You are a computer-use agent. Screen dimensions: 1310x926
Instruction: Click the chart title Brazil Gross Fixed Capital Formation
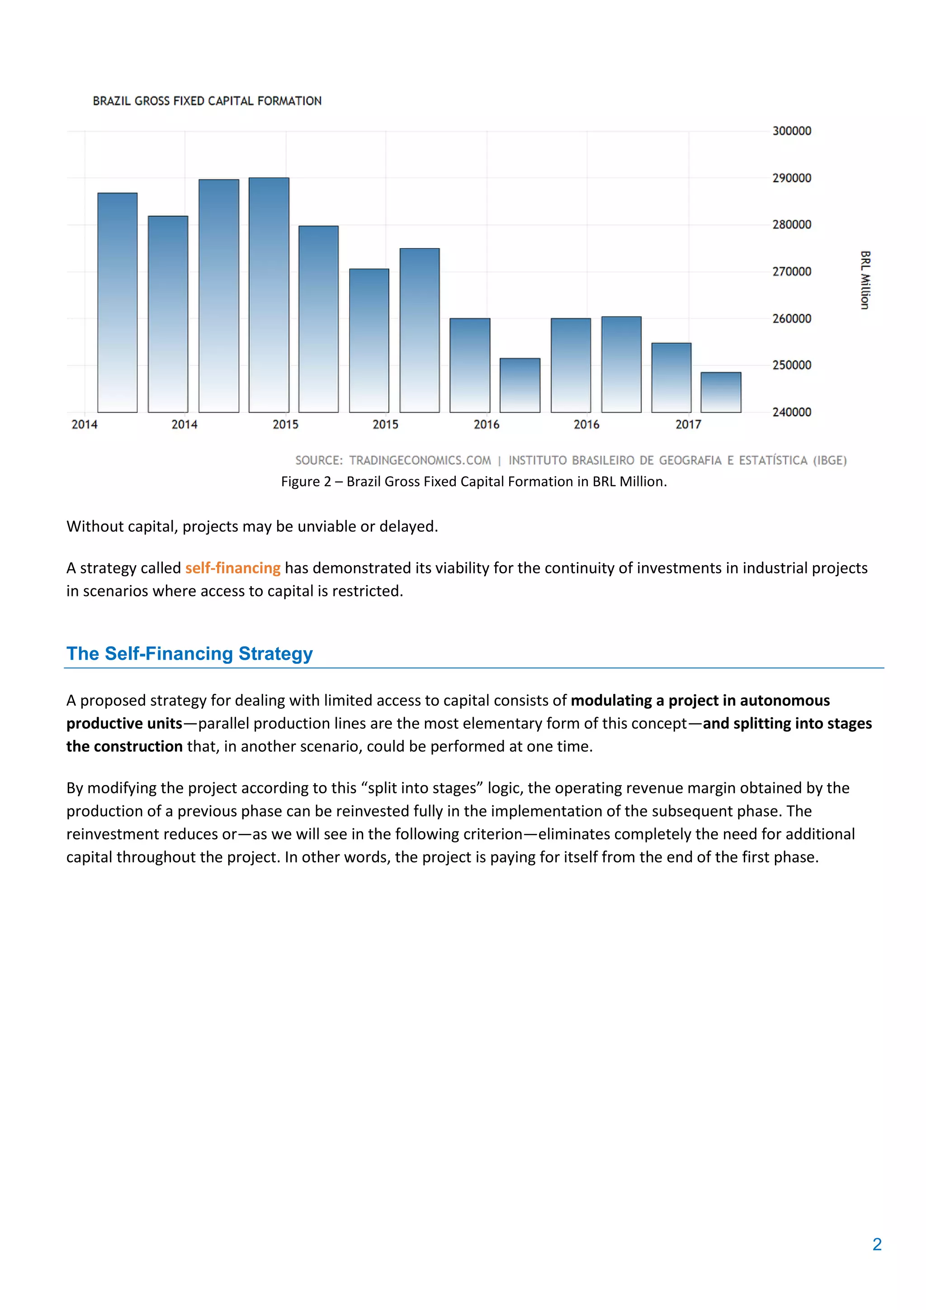click(x=207, y=101)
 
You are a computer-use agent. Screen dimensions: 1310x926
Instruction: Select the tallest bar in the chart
click(x=269, y=294)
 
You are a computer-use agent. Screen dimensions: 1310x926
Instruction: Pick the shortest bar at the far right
click(x=721, y=392)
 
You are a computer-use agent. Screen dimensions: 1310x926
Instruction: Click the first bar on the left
click(x=118, y=303)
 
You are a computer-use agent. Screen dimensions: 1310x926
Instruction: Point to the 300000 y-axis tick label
click(x=791, y=131)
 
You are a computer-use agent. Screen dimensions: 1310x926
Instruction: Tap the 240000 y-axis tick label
click(x=791, y=412)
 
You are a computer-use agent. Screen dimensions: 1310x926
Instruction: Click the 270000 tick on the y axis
click(x=791, y=272)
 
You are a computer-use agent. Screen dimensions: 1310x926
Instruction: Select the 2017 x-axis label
click(x=688, y=425)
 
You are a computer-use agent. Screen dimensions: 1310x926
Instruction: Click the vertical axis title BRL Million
click(x=865, y=280)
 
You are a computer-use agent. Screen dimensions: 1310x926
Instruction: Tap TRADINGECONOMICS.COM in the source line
click(x=420, y=460)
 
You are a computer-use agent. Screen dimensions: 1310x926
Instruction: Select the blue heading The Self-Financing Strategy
click(x=189, y=653)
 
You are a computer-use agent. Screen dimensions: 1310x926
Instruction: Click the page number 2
click(x=877, y=1244)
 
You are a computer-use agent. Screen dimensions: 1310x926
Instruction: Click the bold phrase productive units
click(x=124, y=724)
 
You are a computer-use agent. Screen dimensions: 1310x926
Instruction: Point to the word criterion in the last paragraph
click(x=492, y=834)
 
